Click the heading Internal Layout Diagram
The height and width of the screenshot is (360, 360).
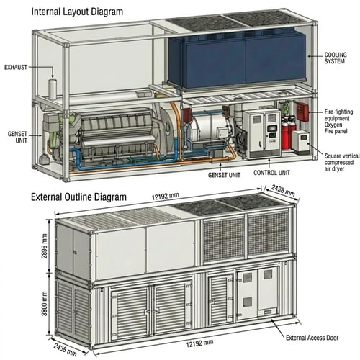tap(77, 12)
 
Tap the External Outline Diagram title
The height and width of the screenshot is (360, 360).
tap(78, 197)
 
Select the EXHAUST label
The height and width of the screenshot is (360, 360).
tap(16, 68)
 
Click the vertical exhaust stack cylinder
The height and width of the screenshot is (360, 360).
tap(53, 89)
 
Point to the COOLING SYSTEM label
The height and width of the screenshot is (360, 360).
tap(336, 58)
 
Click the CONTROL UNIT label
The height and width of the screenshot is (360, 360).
tap(271, 173)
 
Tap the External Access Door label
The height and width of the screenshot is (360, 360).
tap(312, 338)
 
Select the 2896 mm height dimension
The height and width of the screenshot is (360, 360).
tap(45, 246)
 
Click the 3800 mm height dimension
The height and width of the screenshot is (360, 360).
tap(45, 304)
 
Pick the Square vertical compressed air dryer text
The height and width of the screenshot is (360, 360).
tap(342, 163)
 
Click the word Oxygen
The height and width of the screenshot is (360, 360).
tap(333, 125)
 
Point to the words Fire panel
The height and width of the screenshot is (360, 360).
tap(336, 131)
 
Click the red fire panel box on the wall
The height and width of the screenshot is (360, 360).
tap(302, 112)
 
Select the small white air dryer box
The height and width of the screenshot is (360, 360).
tap(300, 142)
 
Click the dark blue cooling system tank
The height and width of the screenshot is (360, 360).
tap(238, 60)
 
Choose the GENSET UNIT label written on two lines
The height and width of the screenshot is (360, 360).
tap(17, 137)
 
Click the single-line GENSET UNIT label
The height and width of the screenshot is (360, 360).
tap(224, 175)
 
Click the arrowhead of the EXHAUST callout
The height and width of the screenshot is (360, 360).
tap(53, 76)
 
